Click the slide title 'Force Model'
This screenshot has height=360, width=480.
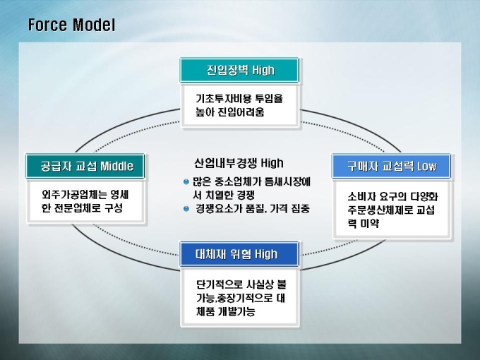click(71, 25)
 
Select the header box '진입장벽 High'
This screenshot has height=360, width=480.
click(239, 70)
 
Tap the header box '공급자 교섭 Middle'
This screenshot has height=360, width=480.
click(85, 166)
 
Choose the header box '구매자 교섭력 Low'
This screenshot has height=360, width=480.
click(391, 166)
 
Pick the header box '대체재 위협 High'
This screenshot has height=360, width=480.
click(239, 254)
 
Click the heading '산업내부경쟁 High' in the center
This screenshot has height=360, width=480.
click(239, 163)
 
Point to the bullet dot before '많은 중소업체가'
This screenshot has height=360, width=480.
click(186, 182)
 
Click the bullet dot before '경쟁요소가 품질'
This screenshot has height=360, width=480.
click(186, 209)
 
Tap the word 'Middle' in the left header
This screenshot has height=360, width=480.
click(117, 166)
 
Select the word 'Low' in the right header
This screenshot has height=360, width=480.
click(427, 166)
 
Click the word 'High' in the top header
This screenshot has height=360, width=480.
click(263, 71)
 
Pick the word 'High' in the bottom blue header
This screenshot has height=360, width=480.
click(266, 254)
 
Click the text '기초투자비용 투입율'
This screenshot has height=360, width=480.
click(239, 99)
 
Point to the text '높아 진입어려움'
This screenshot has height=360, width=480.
click(230, 112)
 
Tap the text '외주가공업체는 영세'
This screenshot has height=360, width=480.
click(85, 194)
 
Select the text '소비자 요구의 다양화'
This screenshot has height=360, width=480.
click(392, 196)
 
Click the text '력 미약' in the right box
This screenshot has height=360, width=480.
click(364, 223)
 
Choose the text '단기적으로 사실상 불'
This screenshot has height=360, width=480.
click(241, 284)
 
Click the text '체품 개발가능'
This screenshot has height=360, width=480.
click(226, 311)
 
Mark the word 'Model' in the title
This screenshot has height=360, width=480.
click(94, 25)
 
